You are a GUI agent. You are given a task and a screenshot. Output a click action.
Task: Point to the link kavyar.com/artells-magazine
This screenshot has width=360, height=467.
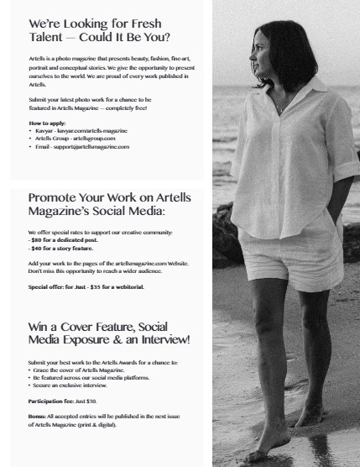(x=85, y=131)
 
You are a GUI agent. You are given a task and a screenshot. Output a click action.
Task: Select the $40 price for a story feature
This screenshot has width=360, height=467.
(x=37, y=249)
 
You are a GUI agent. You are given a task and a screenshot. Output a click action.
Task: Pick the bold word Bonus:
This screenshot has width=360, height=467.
(x=39, y=417)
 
